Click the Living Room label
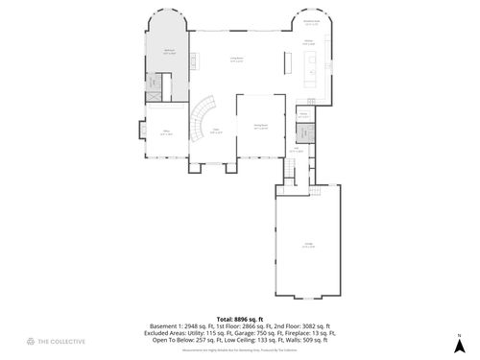click(x=235, y=60)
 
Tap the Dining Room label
click(x=260, y=126)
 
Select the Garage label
click(x=309, y=245)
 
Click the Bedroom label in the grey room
click(x=169, y=53)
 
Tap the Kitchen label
click(x=309, y=42)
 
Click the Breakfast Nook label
click(x=311, y=23)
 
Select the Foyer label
click(x=217, y=132)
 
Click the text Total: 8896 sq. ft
click(x=239, y=317)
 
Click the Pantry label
click(x=302, y=116)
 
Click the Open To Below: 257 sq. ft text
click(x=178, y=340)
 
